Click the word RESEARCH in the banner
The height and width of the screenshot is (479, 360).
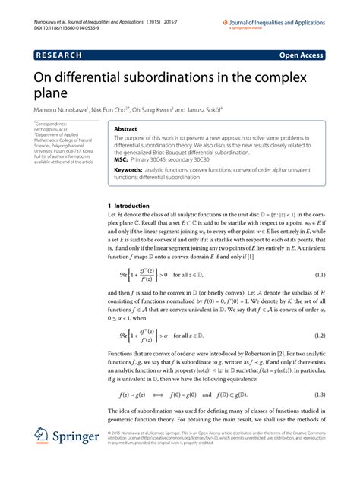(59, 55)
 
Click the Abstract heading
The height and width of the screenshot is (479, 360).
(125, 129)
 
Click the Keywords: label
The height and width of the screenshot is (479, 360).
(131, 172)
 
